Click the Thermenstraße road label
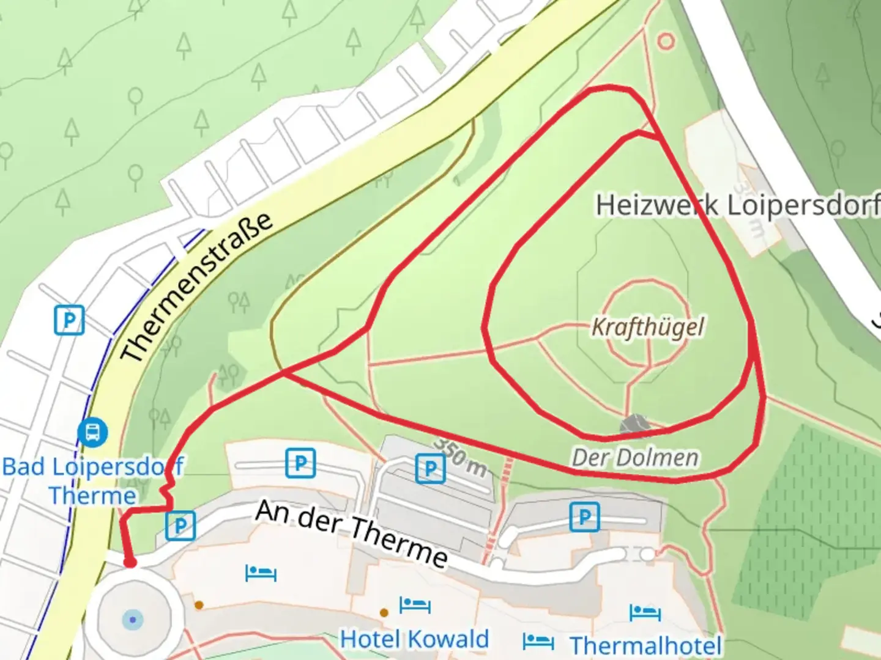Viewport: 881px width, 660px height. [196, 287]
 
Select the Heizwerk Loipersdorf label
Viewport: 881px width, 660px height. [737, 205]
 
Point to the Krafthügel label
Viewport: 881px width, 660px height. [647, 327]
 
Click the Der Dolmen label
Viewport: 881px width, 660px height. [634, 458]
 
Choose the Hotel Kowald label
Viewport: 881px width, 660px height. [414, 639]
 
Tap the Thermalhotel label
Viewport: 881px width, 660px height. [645, 645]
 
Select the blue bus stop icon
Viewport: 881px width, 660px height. [92, 432]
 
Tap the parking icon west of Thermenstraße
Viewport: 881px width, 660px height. [69, 320]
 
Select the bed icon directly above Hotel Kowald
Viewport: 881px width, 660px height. [414, 606]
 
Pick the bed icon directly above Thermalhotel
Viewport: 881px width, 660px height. [645, 612]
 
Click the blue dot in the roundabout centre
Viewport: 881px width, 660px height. [132, 620]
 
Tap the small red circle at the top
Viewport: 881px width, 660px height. [666, 42]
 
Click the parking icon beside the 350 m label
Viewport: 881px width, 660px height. [430, 469]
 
